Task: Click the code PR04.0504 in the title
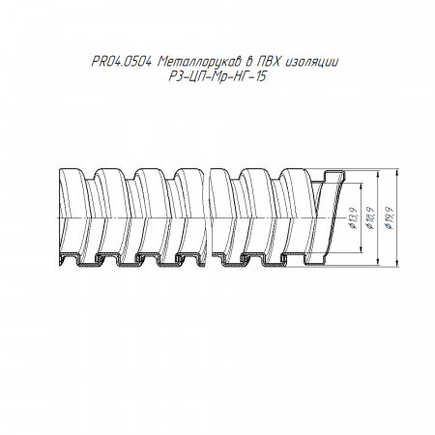pos(122,62)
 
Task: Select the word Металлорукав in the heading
pos(200,62)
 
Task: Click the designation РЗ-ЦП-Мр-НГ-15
pos(217,77)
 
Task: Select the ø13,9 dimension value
pos(354,218)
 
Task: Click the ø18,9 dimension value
pos(370,218)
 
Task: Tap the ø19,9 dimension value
pos(390,218)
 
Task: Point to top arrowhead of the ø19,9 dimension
pos(396,170)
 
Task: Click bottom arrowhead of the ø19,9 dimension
pos(396,264)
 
